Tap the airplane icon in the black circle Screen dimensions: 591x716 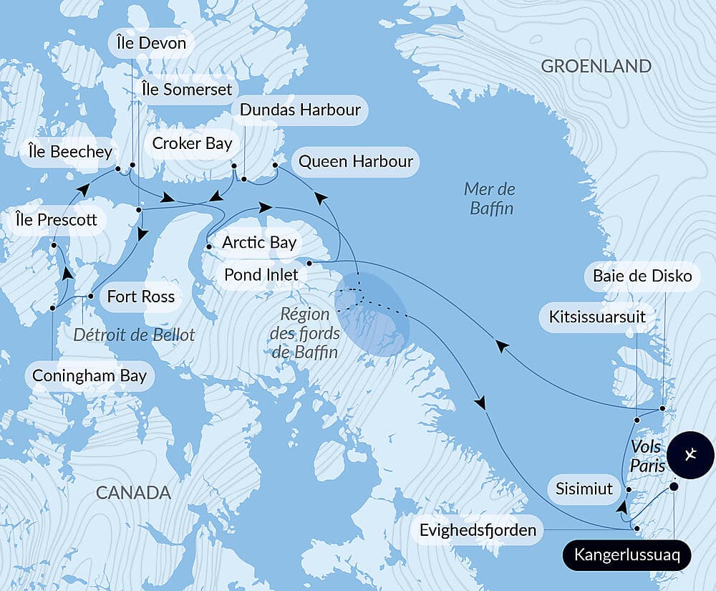pyautogui.click(x=690, y=455)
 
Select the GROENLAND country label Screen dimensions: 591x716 pyautogui.click(x=596, y=67)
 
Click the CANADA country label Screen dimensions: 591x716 pyautogui.click(x=133, y=493)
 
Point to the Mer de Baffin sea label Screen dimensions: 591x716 pyautogui.click(x=490, y=199)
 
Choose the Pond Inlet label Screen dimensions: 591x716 pyautogui.click(x=261, y=274)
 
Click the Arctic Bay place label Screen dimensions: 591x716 pyautogui.click(x=258, y=242)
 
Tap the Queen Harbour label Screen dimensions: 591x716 pyautogui.click(x=355, y=161)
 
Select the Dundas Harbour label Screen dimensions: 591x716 pyautogui.click(x=300, y=110)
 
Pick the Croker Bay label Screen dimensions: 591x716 pyautogui.click(x=192, y=143)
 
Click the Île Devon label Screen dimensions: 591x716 pyautogui.click(x=151, y=43)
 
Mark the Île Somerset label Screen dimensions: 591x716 pyautogui.click(x=187, y=89)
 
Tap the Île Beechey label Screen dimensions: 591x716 pyautogui.click(x=69, y=152)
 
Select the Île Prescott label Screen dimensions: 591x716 pyautogui.click(x=56, y=219)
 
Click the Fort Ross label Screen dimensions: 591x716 pyautogui.click(x=140, y=296)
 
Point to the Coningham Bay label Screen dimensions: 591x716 pyautogui.click(x=89, y=376)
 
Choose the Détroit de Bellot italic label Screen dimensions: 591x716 pyautogui.click(x=135, y=335)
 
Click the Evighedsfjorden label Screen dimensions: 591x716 pyautogui.click(x=478, y=531)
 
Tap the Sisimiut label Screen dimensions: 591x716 pyautogui.click(x=584, y=489)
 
